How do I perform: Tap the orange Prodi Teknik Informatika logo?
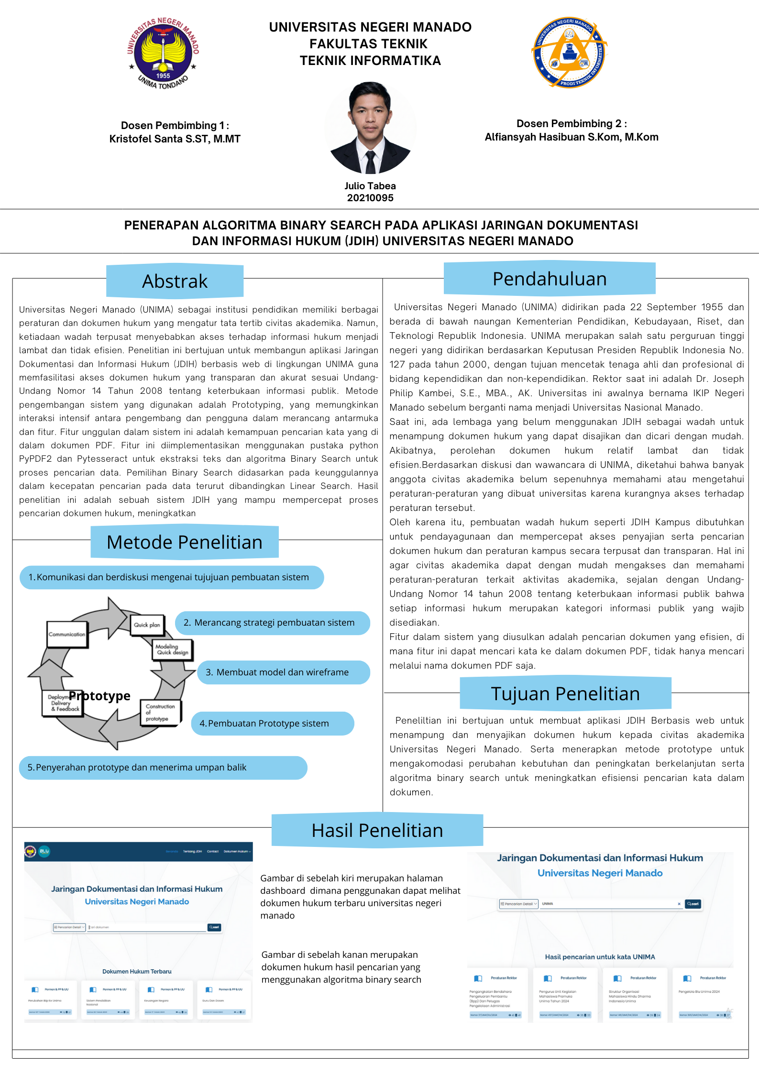coord(569,52)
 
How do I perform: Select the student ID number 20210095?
coord(370,198)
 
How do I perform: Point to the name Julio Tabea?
coord(370,186)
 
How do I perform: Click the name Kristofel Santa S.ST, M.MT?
coord(175,139)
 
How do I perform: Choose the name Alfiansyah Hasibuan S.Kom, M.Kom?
coord(572,137)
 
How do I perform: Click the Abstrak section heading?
coord(175,281)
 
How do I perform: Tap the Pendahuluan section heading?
coord(550,279)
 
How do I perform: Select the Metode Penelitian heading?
coord(185,542)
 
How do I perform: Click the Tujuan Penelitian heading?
coord(565,694)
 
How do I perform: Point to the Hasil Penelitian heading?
coord(377,830)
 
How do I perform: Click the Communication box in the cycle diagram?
coord(67,634)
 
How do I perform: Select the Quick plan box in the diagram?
coord(147,625)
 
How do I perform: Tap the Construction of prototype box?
coord(160,712)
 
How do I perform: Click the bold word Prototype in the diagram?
coord(100,695)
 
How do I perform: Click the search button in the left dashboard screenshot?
coord(214,927)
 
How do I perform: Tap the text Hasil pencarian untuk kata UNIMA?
coord(600,957)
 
